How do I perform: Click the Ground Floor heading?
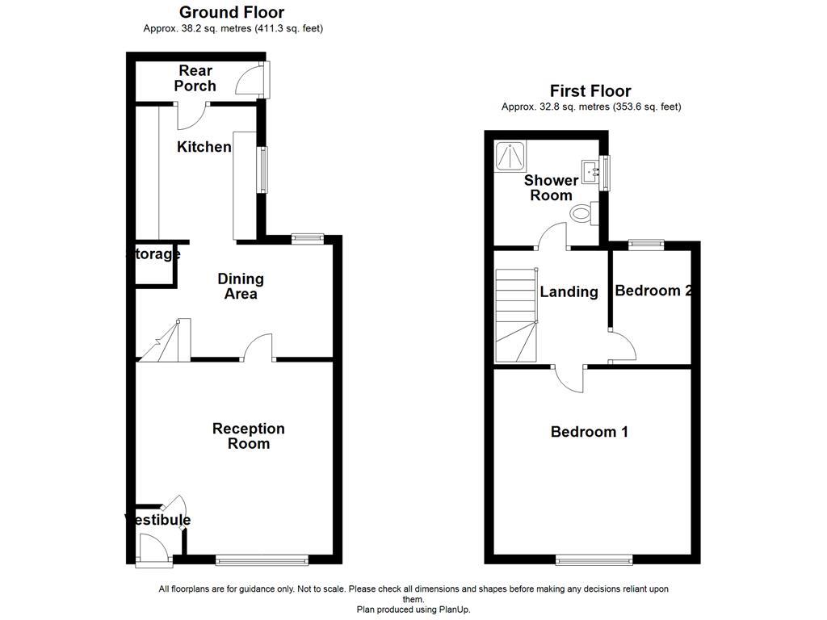pyautogui.click(x=231, y=12)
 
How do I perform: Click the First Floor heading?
pyautogui.click(x=590, y=91)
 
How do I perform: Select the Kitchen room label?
pyautogui.click(x=204, y=147)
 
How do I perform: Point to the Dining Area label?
pyautogui.click(x=241, y=287)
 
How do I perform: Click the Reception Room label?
pyautogui.click(x=249, y=436)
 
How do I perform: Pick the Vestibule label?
pyautogui.click(x=158, y=520)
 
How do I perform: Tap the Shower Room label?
pyautogui.click(x=551, y=188)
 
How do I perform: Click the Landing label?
pyautogui.click(x=569, y=292)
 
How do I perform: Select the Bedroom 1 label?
pyautogui.click(x=590, y=432)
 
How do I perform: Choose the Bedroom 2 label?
pyautogui.click(x=653, y=291)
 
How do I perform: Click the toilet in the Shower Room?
pyautogui.click(x=581, y=213)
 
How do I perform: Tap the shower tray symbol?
pyautogui.click(x=510, y=154)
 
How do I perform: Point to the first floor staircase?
pyautogui.click(x=515, y=315)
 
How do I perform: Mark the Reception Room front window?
pyautogui.click(x=262, y=558)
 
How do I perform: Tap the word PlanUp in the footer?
pyautogui.click(x=454, y=610)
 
